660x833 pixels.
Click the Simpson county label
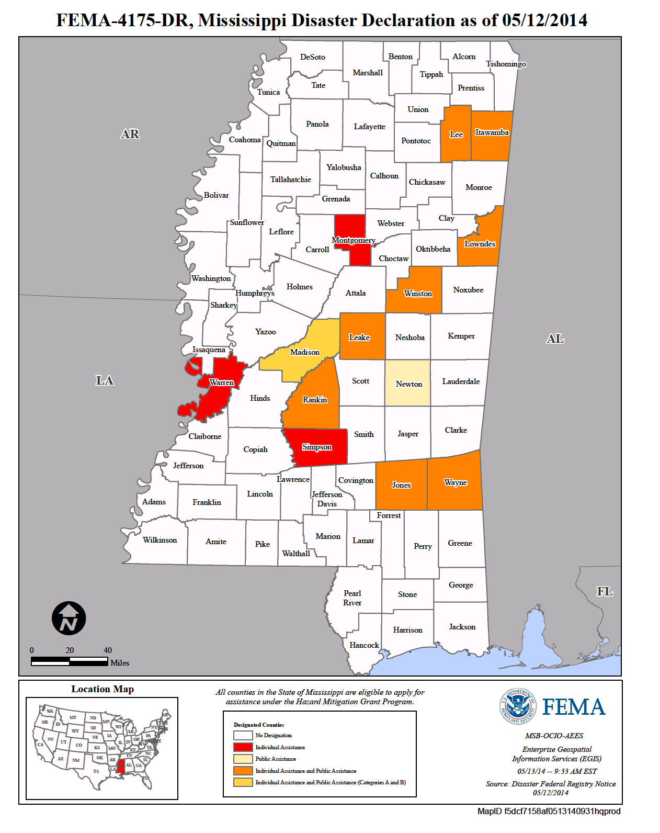(317, 447)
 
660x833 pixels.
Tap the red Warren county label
(222, 382)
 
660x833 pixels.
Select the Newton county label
(408, 384)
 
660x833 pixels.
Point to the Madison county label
(305, 352)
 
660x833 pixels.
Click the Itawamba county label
(492, 132)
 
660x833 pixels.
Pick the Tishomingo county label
(506, 64)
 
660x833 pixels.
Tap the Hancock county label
(364, 645)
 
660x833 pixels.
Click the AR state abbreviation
(130, 134)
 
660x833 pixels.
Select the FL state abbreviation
(605, 591)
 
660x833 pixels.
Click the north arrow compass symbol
(69, 618)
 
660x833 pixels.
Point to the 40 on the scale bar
(108, 650)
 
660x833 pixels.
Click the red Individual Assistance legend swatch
(243, 747)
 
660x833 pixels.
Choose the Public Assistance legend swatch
(243, 759)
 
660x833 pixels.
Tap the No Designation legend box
(243, 735)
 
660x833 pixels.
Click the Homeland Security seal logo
(518, 706)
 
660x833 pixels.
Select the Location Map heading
(103, 689)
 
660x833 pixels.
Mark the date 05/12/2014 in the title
(544, 20)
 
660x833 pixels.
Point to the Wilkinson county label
(160, 540)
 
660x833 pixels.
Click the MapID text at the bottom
(549, 811)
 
